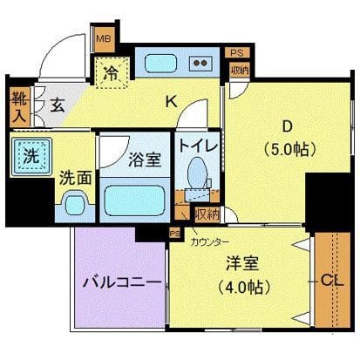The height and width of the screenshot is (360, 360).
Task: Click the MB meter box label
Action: (x=103, y=38)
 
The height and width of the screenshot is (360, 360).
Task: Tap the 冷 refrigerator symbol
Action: (x=113, y=71)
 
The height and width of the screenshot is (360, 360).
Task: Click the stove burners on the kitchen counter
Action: (x=202, y=64)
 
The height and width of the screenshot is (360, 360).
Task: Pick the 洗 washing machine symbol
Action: (x=31, y=160)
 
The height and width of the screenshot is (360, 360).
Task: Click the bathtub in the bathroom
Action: (x=135, y=200)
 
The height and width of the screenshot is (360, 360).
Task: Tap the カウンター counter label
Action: (x=211, y=240)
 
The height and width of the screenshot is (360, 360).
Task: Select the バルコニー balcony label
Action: (x=120, y=284)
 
